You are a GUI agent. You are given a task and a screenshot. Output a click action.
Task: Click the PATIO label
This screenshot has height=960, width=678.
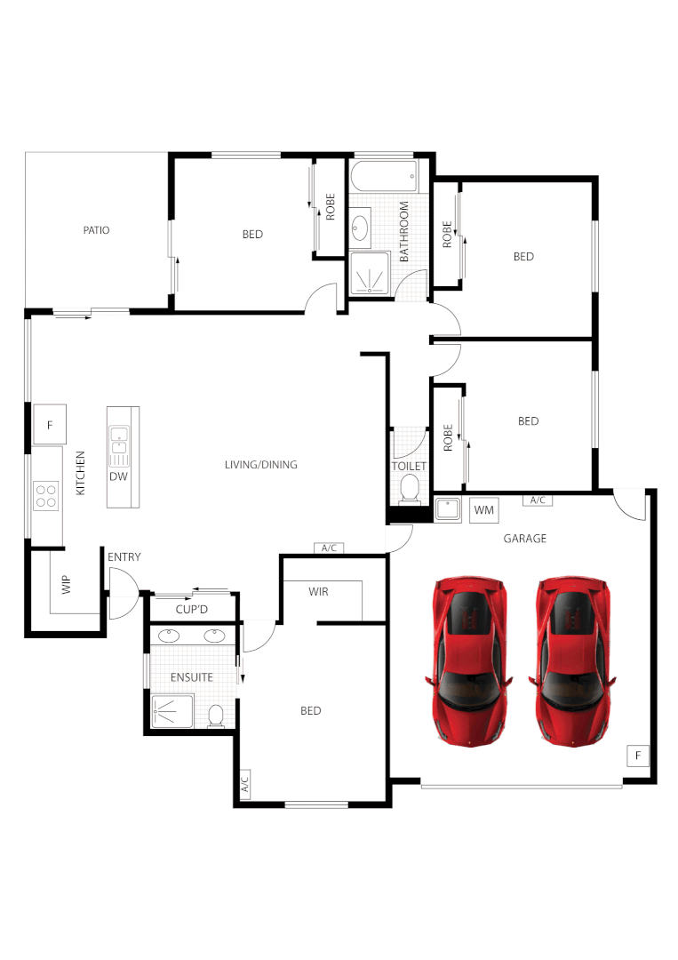point(96,230)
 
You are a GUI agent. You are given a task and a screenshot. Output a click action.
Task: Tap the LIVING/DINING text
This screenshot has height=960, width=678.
point(260,465)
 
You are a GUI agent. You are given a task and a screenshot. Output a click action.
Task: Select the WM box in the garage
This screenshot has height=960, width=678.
point(484,509)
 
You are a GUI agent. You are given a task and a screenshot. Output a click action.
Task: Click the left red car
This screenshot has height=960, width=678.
point(468,659)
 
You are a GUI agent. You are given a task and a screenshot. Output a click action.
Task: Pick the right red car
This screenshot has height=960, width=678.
point(572,659)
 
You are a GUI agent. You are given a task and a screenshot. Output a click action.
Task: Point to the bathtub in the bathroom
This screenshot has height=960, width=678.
point(385,174)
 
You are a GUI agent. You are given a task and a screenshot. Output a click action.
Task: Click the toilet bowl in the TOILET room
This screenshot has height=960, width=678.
point(410,487)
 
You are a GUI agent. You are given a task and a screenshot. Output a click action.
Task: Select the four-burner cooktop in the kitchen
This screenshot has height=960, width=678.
point(45,494)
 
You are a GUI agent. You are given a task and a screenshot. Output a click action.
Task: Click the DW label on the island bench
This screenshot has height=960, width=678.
point(118,476)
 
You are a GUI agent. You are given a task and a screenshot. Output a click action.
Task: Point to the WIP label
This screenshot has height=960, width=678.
point(66,585)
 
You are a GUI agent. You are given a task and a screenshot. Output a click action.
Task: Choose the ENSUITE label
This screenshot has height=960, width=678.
point(192,677)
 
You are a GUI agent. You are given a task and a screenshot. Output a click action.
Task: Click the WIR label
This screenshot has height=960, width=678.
point(319,591)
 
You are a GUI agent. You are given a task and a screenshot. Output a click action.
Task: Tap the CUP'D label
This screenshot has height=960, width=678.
point(191,610)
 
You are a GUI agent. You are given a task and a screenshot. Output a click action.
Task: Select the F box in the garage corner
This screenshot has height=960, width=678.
point(637,756)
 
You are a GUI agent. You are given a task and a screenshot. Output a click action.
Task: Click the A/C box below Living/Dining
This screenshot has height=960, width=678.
point(329,548)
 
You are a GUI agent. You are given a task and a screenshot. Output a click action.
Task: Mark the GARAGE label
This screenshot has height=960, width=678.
point(525,539)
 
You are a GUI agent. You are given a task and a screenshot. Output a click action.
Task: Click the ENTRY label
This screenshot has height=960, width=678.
point(124,557)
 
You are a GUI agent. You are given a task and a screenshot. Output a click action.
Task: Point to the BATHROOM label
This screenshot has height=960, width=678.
point(403,231)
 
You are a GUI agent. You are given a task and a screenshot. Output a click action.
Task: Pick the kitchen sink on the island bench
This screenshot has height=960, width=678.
point(118,444)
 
